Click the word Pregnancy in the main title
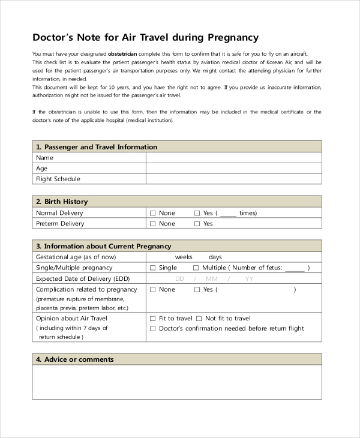(x=233, y=38)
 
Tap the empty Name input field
(x=233, y=158)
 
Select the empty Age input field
(x=233, y=169)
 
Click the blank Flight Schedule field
(x=233, y=179)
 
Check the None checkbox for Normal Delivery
(x=152, y=213)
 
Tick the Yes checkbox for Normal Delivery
(x=197, y=213)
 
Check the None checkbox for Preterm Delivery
(x=152, y=224)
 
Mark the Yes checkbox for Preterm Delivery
(x=197, y=224)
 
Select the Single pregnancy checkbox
(x=152, y=268)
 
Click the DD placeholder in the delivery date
(x=179, y=279)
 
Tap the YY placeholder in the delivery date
(x=249, y=279)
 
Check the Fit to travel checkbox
(x=152, y=319)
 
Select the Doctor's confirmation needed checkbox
(x=152, y=329)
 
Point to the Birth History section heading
(x=62, y=202)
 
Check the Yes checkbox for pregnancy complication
(x=197, y=290)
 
